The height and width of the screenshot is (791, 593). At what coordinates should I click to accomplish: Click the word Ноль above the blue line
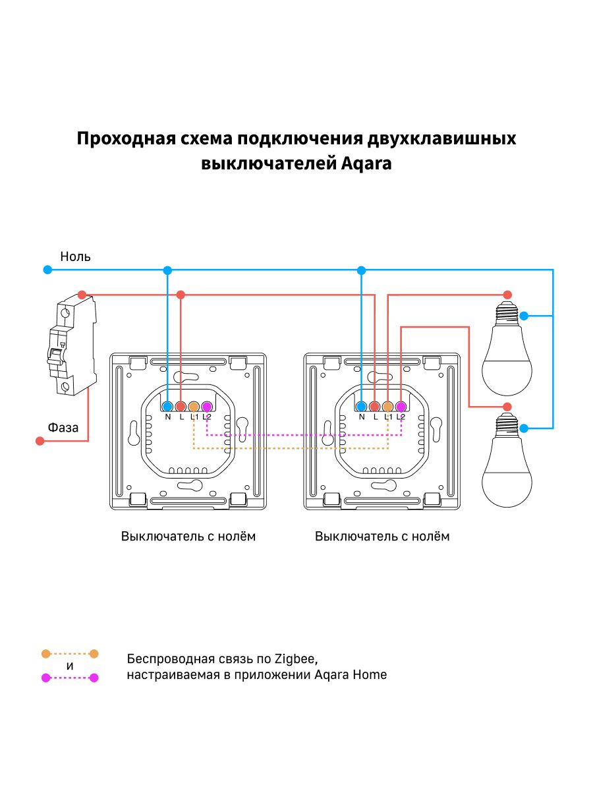pyautogui.click(x=75, y=256)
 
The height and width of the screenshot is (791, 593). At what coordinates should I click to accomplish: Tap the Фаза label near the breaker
pyautogui.click(x=63, y=427)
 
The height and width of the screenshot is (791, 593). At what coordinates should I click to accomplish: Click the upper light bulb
pyautogui.click(x=506, y=349)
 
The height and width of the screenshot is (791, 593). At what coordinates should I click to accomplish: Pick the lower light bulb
pyautogui.click(x=506, y=461)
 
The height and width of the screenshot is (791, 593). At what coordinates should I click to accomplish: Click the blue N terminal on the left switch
pyautogui.click(x=167, y=406)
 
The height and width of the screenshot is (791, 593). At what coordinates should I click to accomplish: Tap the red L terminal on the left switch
pyautogui.click(x=181, y=406)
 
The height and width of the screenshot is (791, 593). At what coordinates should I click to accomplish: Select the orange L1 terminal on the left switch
pyautogui.click(x=194, y=406)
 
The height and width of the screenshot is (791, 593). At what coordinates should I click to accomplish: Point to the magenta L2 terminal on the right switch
pyautogui.click(x=400, y=406)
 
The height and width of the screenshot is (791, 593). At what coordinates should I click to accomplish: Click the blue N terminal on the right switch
pyautogui.click(x=361, y=406)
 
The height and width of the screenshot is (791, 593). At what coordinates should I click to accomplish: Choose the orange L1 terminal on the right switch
pyautogui.click(x=387, y=406)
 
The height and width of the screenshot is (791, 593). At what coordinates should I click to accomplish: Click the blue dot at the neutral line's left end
pyautogui.click(x=47, y=270)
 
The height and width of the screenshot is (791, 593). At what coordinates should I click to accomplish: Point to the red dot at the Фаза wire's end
pyautogui.click(x=40, y=442)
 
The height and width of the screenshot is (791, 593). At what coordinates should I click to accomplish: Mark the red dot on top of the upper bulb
pyautogui.click(x=507, y=294)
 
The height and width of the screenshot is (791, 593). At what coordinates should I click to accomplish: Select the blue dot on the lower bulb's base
pyautogui.click(x=524, y=428)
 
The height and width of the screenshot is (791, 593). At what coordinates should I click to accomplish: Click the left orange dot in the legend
pyautogui.click(x=45, y=654)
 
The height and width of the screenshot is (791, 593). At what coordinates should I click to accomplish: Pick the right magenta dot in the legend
pyautogui.click(x=94, y=678)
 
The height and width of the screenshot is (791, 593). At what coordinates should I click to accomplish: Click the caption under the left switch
pyautogui.click(x=188, y=536)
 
